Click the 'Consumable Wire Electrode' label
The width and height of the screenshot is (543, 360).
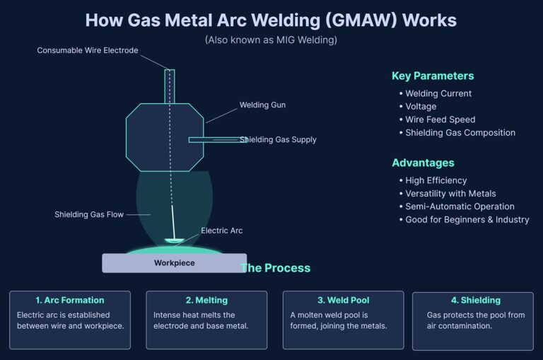[88, 50]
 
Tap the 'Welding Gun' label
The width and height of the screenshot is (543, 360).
[262, 105]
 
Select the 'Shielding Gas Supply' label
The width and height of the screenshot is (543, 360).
[278, 139]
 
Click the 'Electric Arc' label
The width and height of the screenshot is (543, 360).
[221, 231]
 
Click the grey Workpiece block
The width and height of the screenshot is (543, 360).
[174, 263]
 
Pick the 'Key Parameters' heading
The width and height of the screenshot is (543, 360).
[433, 76]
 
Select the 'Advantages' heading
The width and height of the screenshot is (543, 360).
[423, 163]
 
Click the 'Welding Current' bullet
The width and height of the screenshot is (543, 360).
[438, 93]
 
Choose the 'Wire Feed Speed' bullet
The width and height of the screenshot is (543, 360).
[440, 120]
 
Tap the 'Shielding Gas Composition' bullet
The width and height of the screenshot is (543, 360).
[460, 132]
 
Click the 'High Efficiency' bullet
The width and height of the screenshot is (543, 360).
[436, 180]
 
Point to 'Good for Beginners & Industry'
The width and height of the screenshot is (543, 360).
[467, 219]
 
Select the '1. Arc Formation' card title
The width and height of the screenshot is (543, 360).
[69, 300]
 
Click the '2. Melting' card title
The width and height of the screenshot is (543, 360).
[206, 300]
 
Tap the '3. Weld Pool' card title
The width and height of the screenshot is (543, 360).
[343, 300]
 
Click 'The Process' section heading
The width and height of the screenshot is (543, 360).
[275, 268]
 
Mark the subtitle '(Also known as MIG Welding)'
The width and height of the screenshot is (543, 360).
[271, 40]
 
